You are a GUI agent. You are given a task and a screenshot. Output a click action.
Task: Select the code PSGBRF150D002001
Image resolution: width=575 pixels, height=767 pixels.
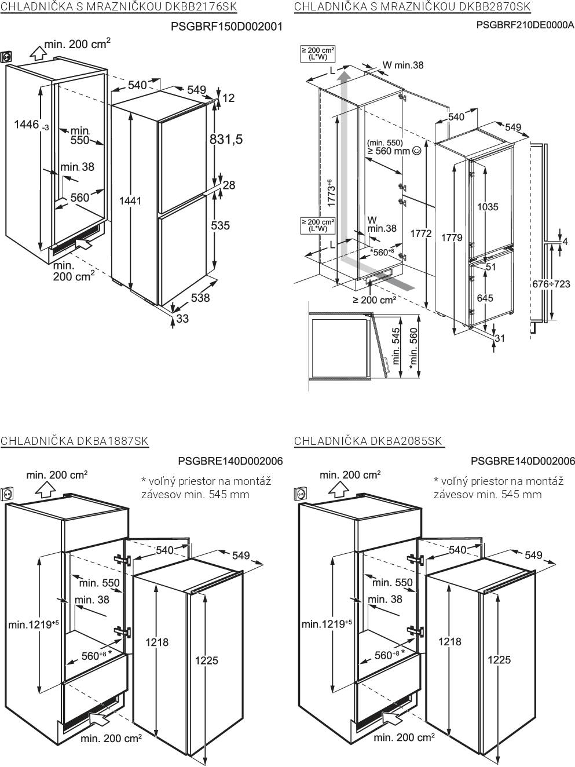(226, 26)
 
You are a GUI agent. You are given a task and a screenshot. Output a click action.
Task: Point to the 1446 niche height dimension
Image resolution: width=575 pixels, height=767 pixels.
(27, 124)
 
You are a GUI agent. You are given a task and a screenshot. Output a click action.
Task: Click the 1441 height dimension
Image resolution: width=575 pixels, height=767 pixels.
(130, 200)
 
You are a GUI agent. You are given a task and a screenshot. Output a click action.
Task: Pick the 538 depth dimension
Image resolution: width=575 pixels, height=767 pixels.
(200, 298)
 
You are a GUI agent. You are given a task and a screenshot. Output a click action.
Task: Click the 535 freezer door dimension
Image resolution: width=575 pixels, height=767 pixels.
(220, 225)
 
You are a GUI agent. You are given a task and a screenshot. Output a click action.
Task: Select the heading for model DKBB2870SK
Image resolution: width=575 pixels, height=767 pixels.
(412, 7)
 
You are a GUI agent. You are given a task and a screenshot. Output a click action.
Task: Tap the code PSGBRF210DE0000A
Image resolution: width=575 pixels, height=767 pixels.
(525, 25)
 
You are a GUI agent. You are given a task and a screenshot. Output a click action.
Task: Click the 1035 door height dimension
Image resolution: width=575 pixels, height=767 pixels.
(488, 207)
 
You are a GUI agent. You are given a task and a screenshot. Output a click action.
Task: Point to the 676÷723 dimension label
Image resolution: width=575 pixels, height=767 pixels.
(551, 284)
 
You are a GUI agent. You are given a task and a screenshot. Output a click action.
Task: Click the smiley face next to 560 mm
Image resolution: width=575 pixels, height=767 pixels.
(416, 151)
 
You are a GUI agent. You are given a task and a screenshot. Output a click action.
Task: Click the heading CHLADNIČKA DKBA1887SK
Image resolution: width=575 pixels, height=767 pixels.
(75, 441)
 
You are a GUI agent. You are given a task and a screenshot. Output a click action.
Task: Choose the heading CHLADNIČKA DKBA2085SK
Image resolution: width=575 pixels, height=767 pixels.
(368, 441)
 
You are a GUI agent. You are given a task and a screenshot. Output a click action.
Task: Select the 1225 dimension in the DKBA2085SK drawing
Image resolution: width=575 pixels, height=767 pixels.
(499, 659)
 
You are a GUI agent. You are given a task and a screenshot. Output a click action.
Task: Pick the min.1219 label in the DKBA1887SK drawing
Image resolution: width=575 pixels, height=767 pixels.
(34, 624)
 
